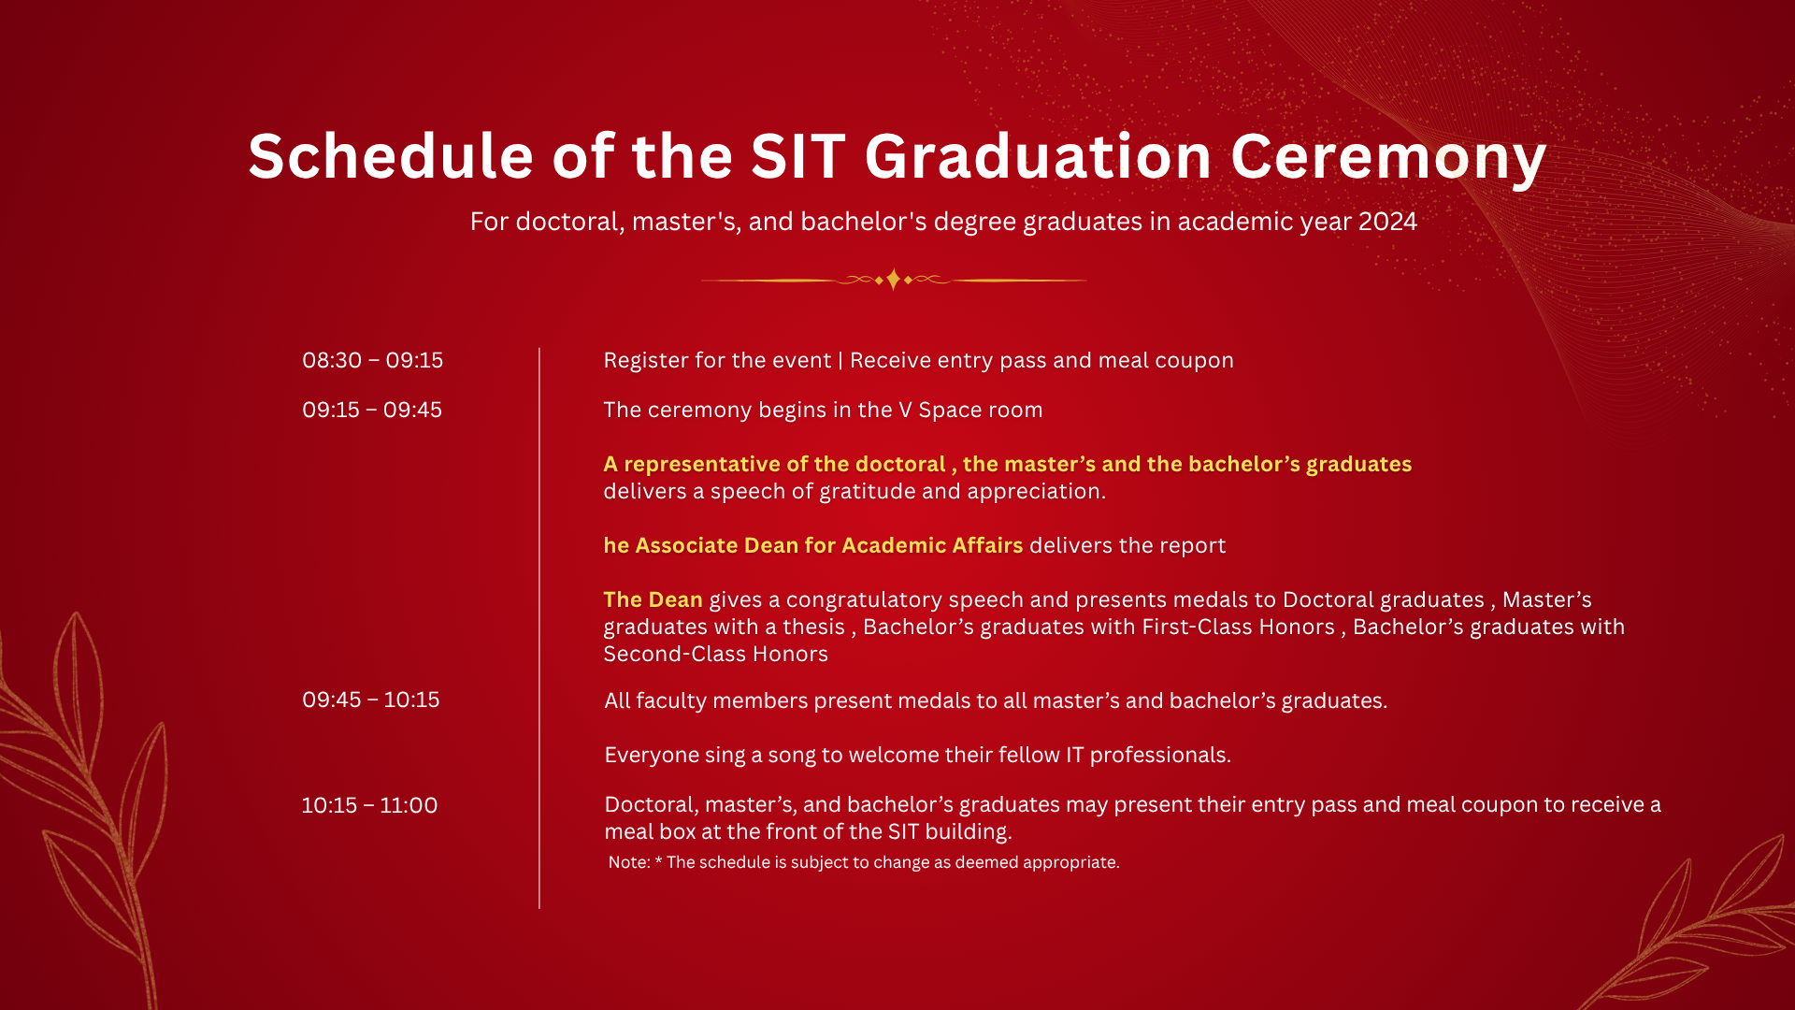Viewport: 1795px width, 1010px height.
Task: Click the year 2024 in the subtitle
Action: point(1387,222)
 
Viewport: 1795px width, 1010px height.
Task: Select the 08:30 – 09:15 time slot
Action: point(372,360)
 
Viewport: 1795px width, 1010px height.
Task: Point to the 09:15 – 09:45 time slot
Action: point(372,410)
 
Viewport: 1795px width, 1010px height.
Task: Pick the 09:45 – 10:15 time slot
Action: point(371,700)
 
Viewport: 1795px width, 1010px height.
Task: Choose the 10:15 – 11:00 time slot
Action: point(369,805)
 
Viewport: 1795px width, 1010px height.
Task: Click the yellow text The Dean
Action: point(653,599)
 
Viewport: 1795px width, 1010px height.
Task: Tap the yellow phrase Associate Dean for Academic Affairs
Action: point(829,545)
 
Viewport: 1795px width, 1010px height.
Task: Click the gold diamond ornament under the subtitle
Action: point(894,280)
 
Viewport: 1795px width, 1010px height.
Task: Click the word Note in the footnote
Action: point(628,862)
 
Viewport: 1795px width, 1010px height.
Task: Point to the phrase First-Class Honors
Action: point(1238,627)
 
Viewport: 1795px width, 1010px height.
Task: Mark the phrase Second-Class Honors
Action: point(715,654)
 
